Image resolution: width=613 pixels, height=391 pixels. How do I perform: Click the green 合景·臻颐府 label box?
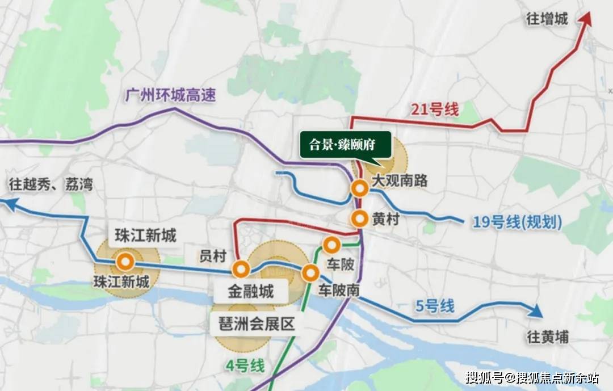tap(346, 144)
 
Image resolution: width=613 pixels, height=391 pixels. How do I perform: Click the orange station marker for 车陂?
tap(331, 245)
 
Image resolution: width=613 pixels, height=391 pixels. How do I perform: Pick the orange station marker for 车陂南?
tap(310, 273)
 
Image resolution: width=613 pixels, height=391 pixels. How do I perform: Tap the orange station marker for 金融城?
tap(241, 269)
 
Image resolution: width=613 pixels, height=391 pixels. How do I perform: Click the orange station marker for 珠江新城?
tap(125, 262)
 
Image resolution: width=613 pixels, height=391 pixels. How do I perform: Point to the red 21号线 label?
tap(434, 110)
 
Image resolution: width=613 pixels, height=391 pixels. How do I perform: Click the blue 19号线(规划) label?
tap(517, 222)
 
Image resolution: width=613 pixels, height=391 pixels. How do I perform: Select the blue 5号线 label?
tap(435, 306)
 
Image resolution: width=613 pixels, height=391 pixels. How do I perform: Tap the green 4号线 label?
tap(246, 366)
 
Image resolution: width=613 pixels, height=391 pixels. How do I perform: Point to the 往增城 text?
tap(547, 19)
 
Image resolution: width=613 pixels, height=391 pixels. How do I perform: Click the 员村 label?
tap(213, 256)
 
